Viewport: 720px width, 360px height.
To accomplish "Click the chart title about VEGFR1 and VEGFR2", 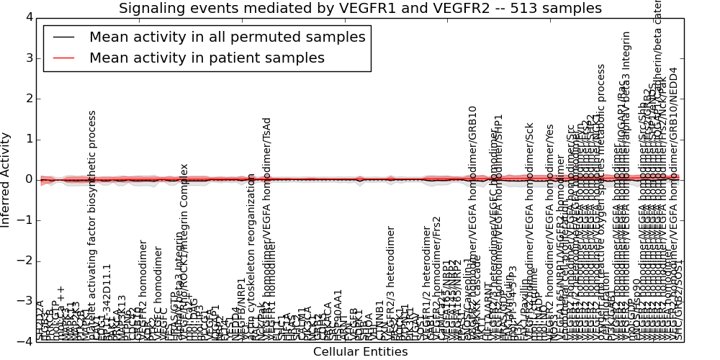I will point(360,9).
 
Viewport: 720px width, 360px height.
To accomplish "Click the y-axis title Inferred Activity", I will point(6,179).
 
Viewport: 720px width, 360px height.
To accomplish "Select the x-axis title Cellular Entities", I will point(360,352).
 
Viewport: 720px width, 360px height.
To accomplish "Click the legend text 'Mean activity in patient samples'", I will point(207,58).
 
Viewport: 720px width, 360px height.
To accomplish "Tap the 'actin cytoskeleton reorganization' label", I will point(251,258).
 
